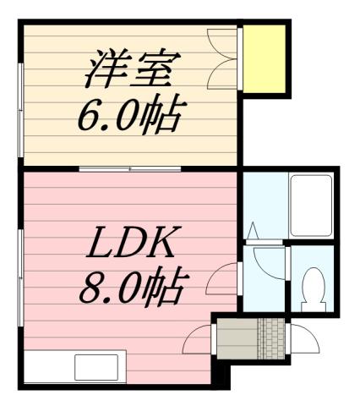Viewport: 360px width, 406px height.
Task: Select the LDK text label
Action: tap(131, 247)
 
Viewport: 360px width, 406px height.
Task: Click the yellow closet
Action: tap(266, 58)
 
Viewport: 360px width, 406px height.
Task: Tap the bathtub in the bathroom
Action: tap(309, 205)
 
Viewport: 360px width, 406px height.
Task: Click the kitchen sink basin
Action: tap(95, 367)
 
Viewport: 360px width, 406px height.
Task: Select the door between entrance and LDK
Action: tap(199, 338)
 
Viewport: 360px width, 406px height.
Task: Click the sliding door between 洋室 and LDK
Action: tap(131, 169)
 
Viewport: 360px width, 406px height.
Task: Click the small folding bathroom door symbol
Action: tap(253, 231)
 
